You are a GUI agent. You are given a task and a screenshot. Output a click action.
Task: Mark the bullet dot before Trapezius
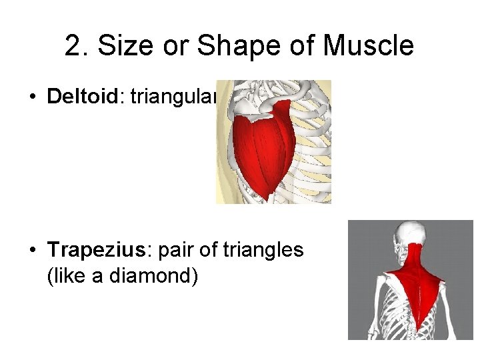[32, 251]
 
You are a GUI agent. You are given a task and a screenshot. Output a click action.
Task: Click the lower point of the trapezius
[420, 327]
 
